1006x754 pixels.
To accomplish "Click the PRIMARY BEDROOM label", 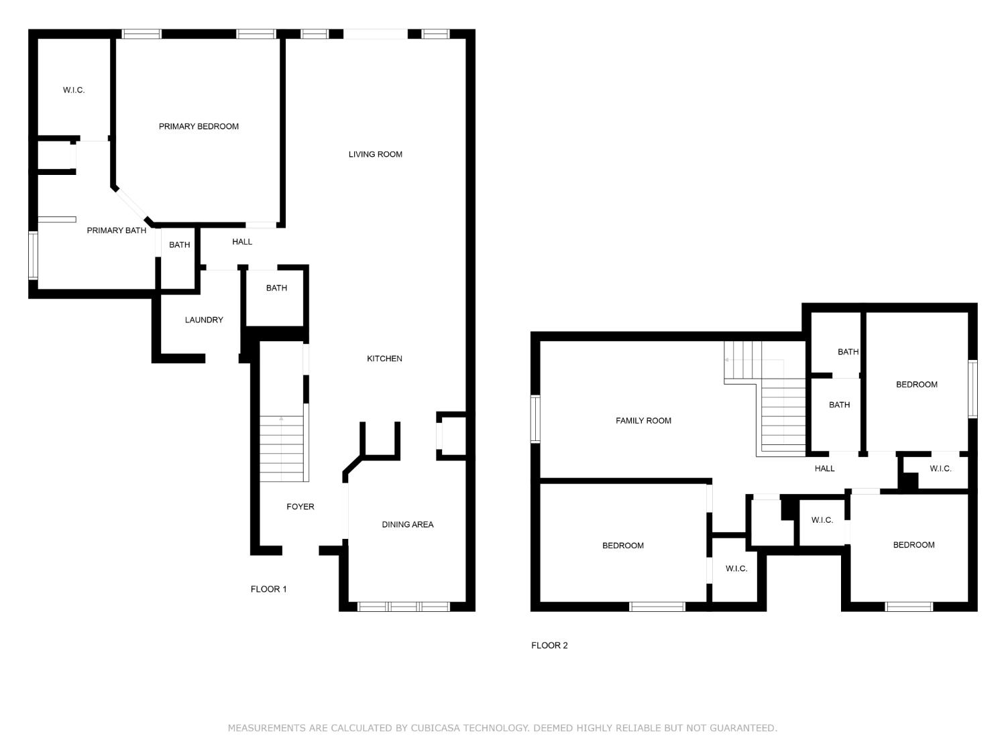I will click(199, 127).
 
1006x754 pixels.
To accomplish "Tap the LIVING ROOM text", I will click(375, 154).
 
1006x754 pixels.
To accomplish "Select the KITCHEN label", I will click(384, 359).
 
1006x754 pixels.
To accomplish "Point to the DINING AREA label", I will click(407, 525).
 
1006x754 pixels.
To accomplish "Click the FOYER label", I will click(300, 507).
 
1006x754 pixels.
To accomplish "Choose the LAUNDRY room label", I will click(204, 320).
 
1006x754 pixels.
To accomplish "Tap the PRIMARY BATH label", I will click(116, 231).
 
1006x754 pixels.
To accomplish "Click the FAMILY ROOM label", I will click(643, 421).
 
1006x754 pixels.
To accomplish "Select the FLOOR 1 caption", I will click(268, 589).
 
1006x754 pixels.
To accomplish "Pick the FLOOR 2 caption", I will click(549, 645).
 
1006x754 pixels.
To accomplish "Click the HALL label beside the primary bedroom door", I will click(242, 242).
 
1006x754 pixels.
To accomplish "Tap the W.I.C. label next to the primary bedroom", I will click(74, 90).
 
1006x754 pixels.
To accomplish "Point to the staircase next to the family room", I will click(781, 416).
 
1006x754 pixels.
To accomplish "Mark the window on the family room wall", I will click(535, 419).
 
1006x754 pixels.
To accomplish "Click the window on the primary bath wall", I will click(33, 255).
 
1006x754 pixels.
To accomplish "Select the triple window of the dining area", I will click(403, 607).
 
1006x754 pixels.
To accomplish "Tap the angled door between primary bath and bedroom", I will click(131, 204).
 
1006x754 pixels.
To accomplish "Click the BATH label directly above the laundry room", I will click(179, 245).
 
